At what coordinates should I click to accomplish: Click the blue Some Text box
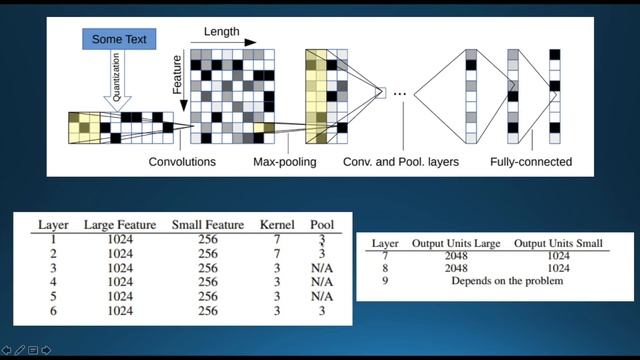119,39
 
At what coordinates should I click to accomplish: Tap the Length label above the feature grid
222,32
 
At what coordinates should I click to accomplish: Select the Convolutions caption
182,162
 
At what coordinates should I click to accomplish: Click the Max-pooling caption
284,162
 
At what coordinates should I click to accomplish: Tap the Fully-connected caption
531,162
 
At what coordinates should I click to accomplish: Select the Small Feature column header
207,225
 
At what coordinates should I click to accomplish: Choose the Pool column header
322,225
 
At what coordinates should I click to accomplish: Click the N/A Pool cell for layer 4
322,282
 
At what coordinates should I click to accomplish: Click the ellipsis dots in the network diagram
400,93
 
